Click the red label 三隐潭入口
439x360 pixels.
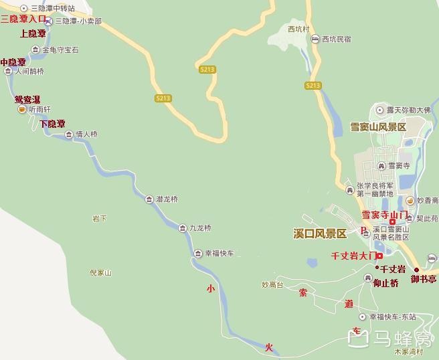pos(23,19)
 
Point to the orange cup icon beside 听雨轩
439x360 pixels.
pos(21,109)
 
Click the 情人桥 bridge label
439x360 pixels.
pos(86,134)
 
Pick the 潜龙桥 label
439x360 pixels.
pos(167,199)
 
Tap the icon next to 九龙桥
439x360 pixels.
pos(183,228)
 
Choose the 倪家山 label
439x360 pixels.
pos(100,273)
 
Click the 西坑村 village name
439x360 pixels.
pos(298,29)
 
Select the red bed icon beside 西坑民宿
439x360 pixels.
pos(315,39)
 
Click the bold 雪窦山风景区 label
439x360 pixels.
pos(378,127)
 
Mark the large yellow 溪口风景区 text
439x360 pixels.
pos(320,234)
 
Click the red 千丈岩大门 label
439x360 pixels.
pos(353,256)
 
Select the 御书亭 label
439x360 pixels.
pos(424,279)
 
